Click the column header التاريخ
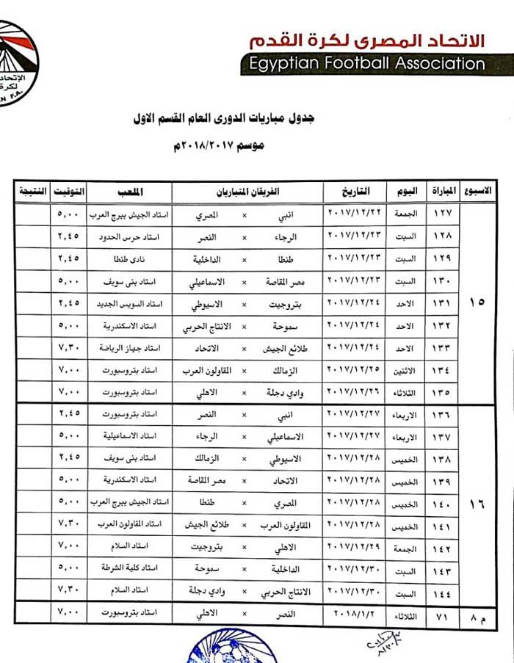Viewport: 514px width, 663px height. point(352,192)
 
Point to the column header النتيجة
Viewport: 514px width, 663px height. point(32,192)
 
